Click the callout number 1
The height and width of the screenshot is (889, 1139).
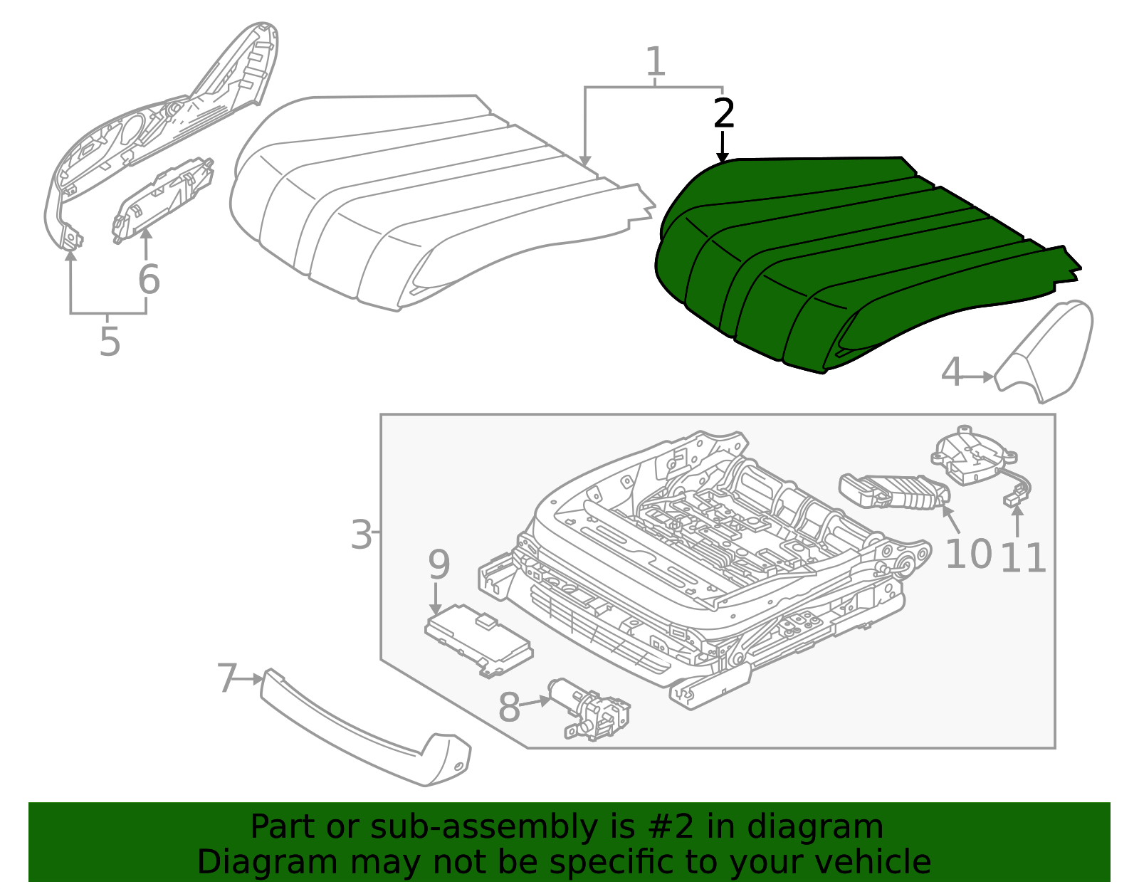coord(656,63)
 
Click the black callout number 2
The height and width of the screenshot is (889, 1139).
coord(724,114)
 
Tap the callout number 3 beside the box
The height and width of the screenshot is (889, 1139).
coord(361,535)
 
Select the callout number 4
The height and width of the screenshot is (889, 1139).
coord(952,372)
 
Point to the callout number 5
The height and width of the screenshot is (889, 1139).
coord(110,342)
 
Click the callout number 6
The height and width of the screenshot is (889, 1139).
coord(149,279)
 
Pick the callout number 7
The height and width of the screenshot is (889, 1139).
coord(226,678)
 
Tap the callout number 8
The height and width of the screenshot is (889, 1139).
coord(509,708)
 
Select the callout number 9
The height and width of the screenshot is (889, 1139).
coord(439,565)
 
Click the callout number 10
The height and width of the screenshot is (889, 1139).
coord(968,554)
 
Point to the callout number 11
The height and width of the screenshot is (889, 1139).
coord(1023,558)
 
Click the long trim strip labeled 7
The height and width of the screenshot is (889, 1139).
coord(356,733)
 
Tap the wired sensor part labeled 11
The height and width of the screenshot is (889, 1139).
coord(972,459)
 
